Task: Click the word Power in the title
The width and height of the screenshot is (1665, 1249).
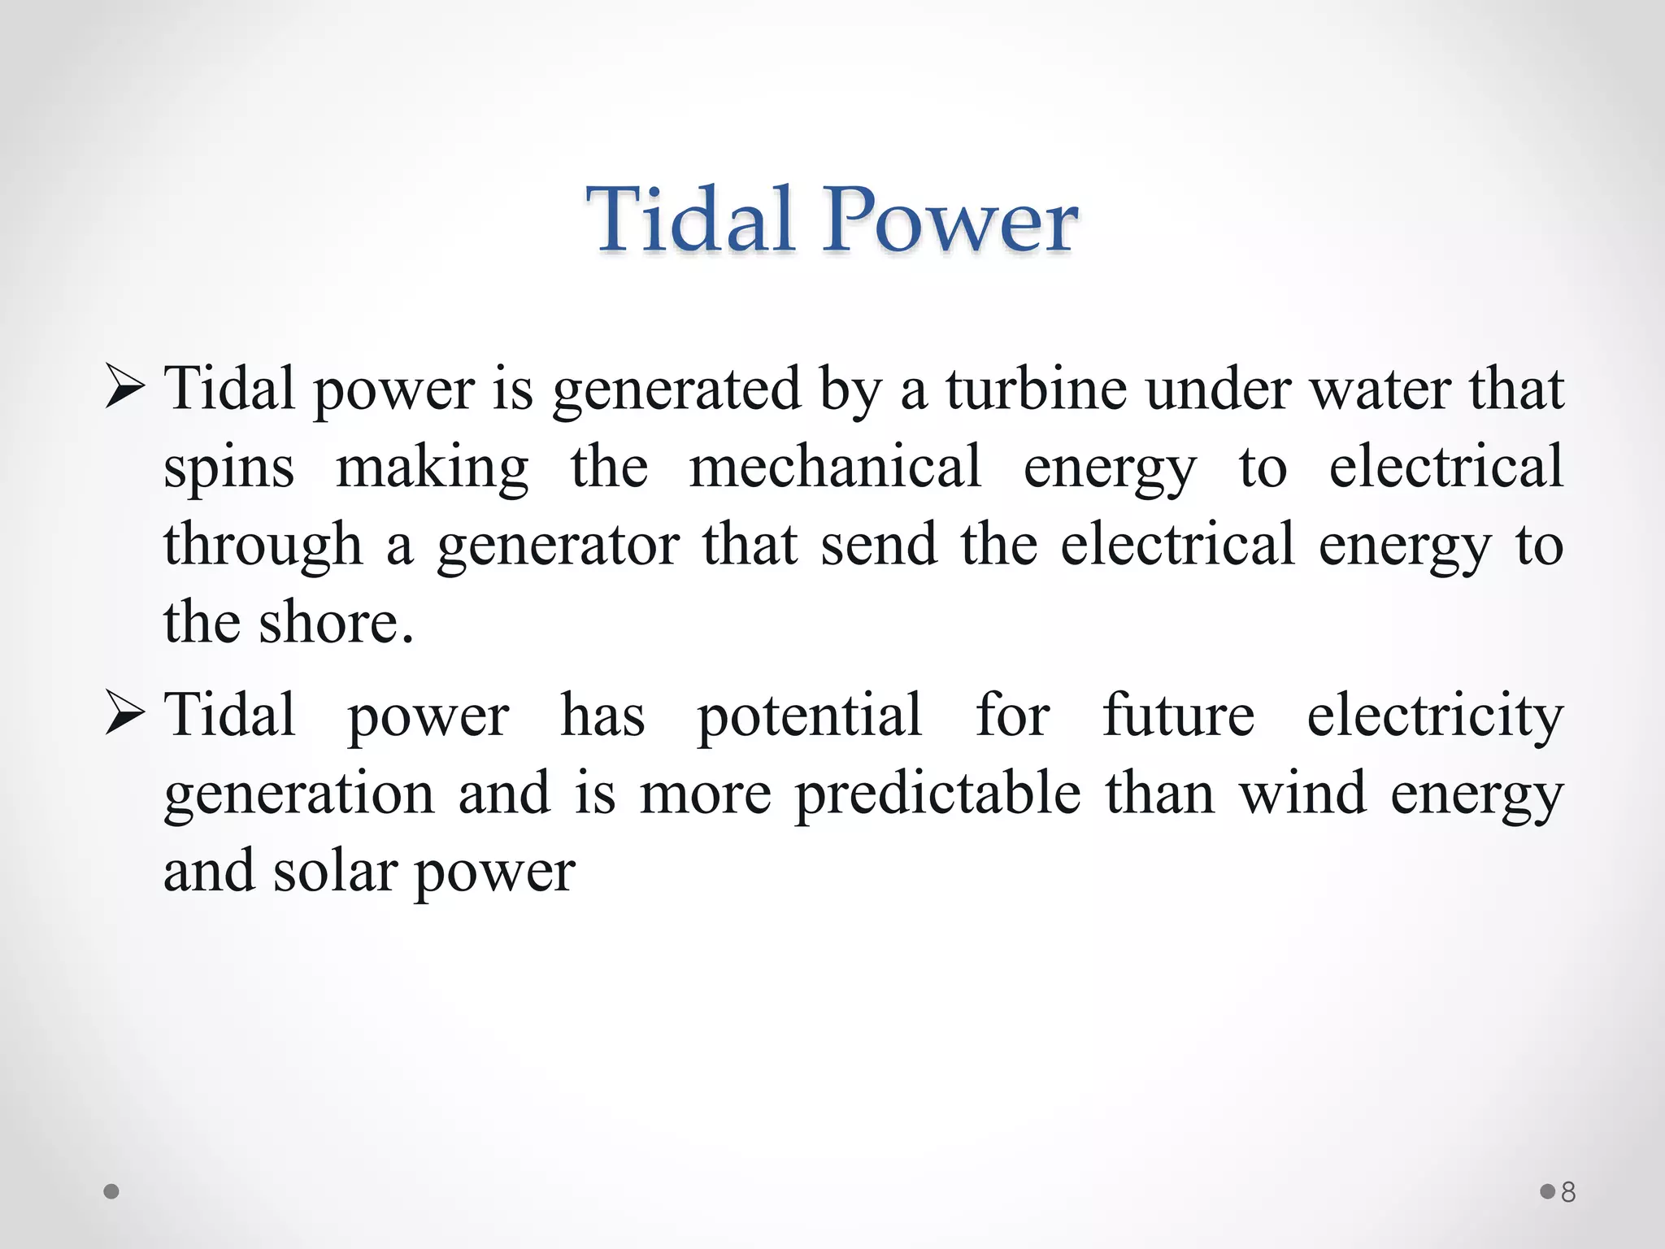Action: pyautogui.click(x=950, y=220)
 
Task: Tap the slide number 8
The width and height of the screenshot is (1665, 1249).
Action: pyautogui.click(x=1568, y=1192)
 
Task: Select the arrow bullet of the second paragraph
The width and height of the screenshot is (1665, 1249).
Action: pyautogui.click(x=125, y=714)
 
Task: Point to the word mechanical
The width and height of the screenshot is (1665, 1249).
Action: pyautogui.click(x=835, y=467)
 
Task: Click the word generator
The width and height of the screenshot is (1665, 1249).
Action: pyautogui.click(x=558, y=546)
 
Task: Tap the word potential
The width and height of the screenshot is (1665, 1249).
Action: pyautogui.click(x=810, y=716)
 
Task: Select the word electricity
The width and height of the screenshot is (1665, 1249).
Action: pyautogui.click(x=1435, y=716)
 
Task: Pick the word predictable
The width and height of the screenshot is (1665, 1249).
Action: pyautogui.click(x=937, y=794)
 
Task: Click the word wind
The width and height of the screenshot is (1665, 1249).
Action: pyautogui.click(x=1302, y=794)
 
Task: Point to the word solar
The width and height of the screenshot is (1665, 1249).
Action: pyautogui.click(x=334, y=872)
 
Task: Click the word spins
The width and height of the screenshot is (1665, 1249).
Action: pyautogui.click(x=228, y=468)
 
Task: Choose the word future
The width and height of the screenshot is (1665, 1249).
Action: pyautogui.click(x=1178, y=716)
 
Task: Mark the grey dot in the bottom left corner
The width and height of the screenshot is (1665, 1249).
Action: pyautogui.click(x=111, y=1192)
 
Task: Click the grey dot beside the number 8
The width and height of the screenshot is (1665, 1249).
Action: pyautogui.click(x=1547, y=1192)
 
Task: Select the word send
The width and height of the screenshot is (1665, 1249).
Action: pyautogui.click(x=879, y=545)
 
